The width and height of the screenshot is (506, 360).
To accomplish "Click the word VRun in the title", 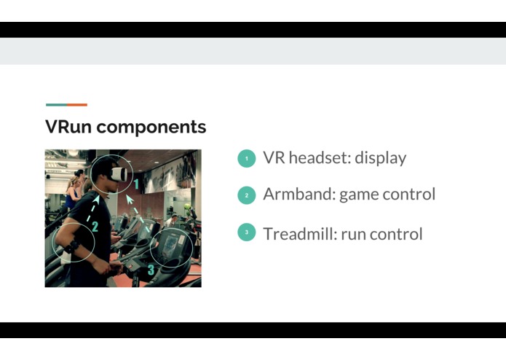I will (68, 127).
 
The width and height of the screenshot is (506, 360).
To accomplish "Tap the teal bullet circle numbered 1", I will (247, 158).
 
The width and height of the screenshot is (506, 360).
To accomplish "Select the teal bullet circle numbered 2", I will (247, 195).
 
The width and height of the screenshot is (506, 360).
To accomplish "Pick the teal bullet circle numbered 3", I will (247, 233).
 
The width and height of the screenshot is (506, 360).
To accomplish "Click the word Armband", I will (296, 195).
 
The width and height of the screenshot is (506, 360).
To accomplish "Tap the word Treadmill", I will (299, 233).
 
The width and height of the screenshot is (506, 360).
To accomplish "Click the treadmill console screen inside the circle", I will (172, 244).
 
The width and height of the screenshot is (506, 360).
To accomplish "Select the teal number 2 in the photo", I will (95, 227).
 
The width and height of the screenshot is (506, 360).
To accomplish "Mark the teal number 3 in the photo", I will (151, 270).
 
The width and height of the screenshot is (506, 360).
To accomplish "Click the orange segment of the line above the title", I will (77, 105).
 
